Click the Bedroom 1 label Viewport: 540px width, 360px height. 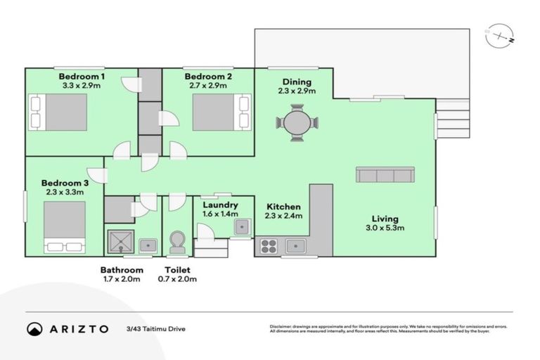point(82,76)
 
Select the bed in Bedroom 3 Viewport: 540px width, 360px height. point(65,226)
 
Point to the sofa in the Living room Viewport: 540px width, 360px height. point(385,175)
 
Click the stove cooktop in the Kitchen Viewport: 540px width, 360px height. point(269,245)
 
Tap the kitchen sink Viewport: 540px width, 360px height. point(296,245)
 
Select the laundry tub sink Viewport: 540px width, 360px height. point(242,226)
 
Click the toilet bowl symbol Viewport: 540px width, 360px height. point(177,242)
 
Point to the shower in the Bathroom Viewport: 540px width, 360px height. point(121,241)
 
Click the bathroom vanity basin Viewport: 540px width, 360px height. point(148,245)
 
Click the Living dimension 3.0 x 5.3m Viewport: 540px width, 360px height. point(383,228)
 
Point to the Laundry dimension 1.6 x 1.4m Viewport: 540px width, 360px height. point(219,214)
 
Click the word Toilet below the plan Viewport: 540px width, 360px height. point(176,270)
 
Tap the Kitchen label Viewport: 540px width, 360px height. point(283,207)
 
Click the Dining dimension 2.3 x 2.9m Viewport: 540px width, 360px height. point(297,91)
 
